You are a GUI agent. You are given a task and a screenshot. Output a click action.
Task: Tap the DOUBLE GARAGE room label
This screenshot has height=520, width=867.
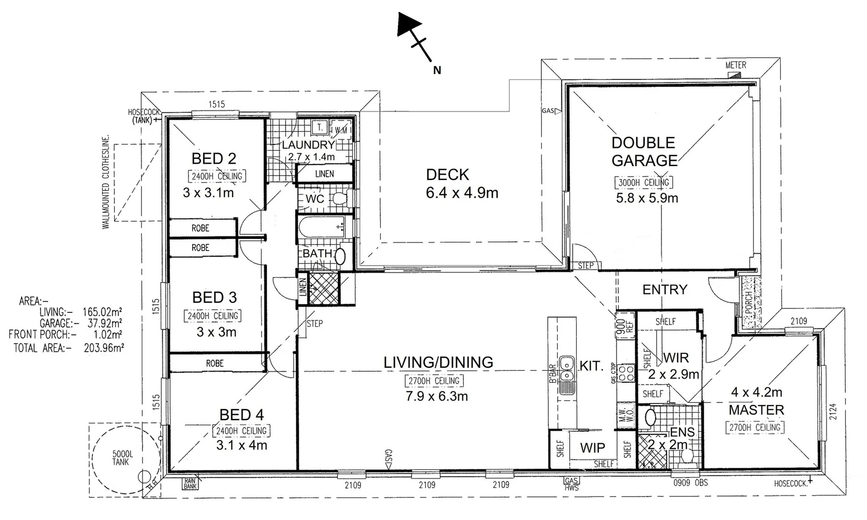tap(644, 152)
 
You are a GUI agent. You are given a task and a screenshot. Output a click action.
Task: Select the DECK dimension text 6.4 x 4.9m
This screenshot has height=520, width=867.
tap(462, 193)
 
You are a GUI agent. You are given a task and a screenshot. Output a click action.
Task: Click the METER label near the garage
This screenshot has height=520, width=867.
tap(736, 65)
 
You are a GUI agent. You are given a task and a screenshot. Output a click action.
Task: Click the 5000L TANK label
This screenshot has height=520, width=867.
tap(122, 458)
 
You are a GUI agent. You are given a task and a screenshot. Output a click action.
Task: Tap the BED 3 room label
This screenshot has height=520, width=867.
tap(214, 297)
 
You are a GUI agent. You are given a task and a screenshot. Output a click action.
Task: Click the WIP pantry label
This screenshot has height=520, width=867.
tap(592, 448)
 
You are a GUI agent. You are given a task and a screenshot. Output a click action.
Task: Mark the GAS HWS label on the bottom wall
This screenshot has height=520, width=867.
tap(572, 484)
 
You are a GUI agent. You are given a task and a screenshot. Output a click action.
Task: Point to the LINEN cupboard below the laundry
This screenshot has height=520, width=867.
tap(324, 174)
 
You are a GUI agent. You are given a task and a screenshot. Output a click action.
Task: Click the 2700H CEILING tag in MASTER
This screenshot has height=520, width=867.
tap(755, 428)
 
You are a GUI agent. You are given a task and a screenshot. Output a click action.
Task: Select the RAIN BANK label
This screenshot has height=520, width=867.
tap(190, 483)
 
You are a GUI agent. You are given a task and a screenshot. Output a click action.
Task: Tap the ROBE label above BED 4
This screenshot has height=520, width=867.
tap(214, 364)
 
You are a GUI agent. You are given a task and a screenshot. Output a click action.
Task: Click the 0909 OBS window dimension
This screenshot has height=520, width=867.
tap(690, 482)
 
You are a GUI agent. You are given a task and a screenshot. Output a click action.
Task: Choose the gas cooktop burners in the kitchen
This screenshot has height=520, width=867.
tap(626, 374)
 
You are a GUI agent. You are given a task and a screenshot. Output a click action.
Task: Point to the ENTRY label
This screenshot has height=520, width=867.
tap(665, 289)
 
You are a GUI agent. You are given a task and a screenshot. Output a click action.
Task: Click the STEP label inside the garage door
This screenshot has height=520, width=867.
tap(585, 265)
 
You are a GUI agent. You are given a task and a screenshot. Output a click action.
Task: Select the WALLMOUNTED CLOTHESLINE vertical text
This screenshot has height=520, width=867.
tap(106, 182)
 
